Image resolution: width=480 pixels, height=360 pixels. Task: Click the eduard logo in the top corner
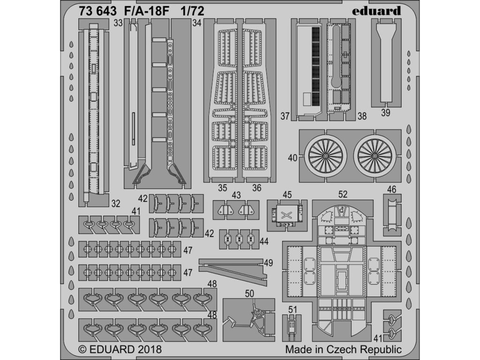(x=377, y=10)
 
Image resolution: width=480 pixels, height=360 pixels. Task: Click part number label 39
(x=385, y=112)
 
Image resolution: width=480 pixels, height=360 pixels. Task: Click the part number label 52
(x=343, y=194)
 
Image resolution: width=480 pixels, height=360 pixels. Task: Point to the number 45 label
(x=287, y=194)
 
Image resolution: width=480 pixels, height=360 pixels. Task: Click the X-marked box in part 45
(x=286, y=215)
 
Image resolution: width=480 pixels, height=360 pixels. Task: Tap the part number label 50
(x=249, y=293)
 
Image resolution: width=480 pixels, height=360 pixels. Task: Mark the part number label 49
(x=268, y=263)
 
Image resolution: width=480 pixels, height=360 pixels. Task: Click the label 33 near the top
(x=118, y=22)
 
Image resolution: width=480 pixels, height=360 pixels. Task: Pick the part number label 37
(x=298, y=116)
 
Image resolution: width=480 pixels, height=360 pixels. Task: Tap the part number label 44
(x=264, y=241)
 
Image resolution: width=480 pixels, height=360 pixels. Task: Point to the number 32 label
(x=115, y=203)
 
